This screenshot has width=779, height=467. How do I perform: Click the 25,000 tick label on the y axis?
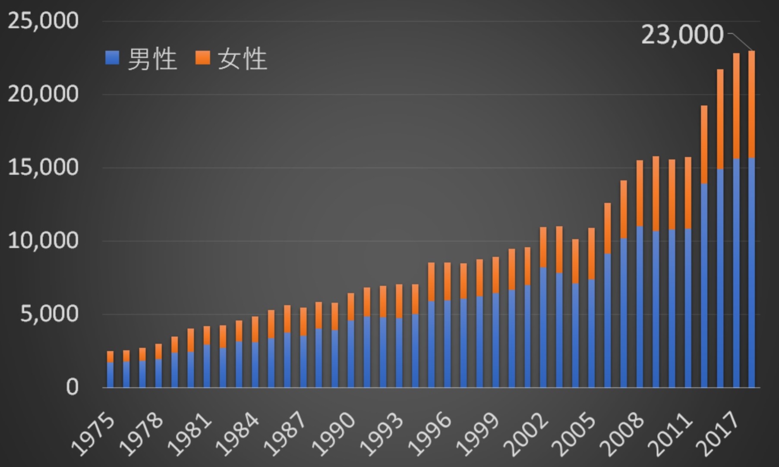tap(43, 21)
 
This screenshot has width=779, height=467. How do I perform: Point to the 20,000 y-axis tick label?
tap(43, 94)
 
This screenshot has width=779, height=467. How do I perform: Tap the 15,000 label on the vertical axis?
tap(43, 167)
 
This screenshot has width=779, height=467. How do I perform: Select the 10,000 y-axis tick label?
tap(43, 240)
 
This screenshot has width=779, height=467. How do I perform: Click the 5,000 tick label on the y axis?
tap(49, 314)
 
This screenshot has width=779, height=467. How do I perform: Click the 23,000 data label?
tap(682, 35)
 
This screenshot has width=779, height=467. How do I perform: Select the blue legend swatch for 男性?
tap(112, 58)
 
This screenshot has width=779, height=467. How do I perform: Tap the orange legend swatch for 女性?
tap(202, 58)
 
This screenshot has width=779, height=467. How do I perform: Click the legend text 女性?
tap(243, 59)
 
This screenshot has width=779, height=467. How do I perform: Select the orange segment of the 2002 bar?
tap(543, 247)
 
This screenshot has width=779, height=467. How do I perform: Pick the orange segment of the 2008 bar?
tap(640, 193)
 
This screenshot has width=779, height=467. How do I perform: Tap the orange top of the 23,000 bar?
tap(751, 104)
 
